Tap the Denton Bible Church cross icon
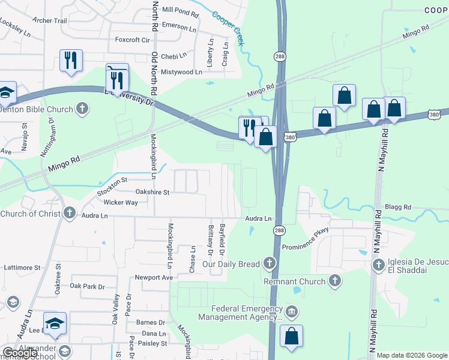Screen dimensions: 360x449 [82, 109]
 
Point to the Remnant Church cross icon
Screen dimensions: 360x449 [335, 280]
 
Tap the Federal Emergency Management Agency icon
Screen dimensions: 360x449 [292, 311]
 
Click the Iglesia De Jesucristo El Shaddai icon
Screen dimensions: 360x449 [378, 264]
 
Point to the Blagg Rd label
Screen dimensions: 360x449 [399, 207]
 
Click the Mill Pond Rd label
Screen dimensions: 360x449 [180, 11]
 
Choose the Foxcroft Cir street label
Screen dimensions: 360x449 [132, 40]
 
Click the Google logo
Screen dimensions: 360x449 [20, 353]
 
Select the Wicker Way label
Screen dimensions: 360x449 [120, 203]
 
